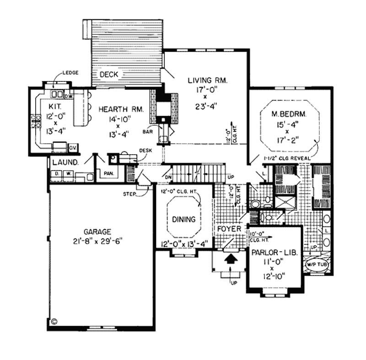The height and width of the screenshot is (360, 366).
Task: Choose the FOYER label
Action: click(229, 228)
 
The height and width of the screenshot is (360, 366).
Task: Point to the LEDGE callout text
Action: click(71, 73)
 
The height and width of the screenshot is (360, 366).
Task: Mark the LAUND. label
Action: click(65, 162)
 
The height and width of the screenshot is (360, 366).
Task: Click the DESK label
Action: click(145, 150)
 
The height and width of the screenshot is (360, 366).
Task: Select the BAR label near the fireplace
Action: click(147, 131)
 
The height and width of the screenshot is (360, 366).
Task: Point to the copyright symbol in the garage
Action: click(54, 322)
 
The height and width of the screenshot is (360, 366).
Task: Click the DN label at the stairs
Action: click(168, 177)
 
